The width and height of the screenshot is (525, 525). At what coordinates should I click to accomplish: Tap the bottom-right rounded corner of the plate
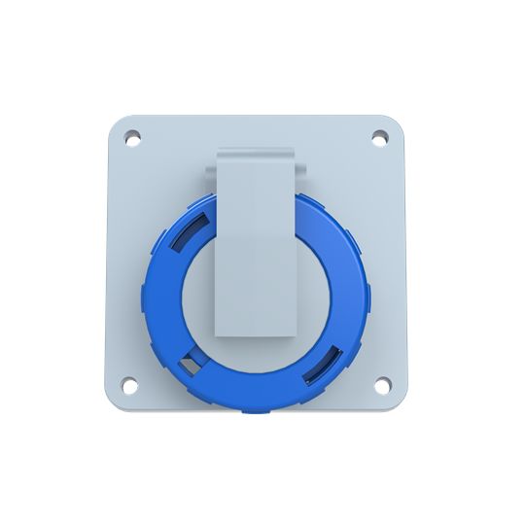pyautogui.click(x=398, y=402)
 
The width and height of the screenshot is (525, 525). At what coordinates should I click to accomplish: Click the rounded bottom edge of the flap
pyautogui.click(x=256, y=334)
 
